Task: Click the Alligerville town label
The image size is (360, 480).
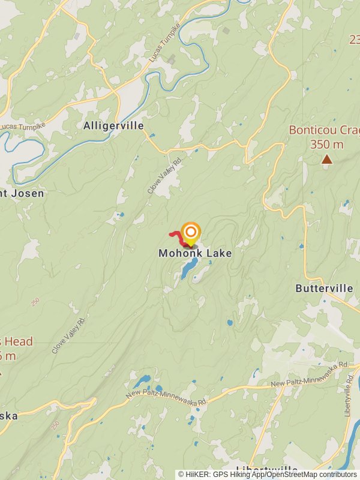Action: click(x=114, y=125)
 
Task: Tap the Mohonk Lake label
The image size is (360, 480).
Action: click(x=195, y=253)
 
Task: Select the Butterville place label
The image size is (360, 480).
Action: click(x=324, y=289)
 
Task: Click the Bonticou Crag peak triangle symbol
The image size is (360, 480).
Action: click(x=326, y=159)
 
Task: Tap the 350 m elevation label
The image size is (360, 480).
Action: click(x=326, y=145)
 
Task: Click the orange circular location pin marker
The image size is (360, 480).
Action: click(x=191, y=232)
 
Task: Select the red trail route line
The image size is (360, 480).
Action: click(x=177, y=236)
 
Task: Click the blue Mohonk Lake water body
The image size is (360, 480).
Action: click(x=189, y=268)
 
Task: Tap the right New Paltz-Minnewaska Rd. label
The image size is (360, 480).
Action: click(x=310, y=373)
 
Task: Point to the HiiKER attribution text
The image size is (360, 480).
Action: click(x=268, y=474)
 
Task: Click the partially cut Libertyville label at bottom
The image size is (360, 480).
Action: click(x=267, y=469)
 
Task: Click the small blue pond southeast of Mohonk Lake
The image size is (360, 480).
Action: click(x=230, y=323)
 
